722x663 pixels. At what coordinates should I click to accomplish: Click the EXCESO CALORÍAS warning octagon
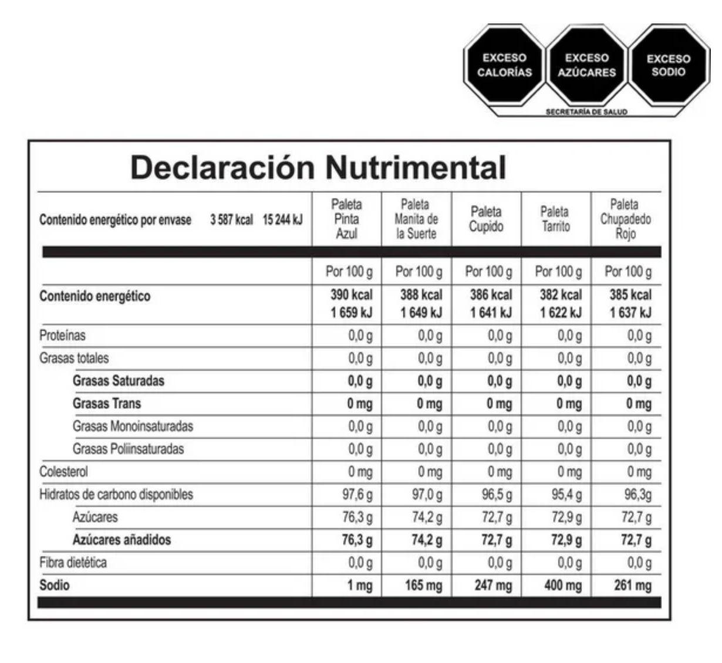504,65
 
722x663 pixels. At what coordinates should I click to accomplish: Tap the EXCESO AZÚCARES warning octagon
586,65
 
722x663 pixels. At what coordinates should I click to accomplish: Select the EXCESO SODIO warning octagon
668,65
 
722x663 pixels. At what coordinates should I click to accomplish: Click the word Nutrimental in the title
415,167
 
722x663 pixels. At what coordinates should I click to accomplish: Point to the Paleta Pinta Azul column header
346,219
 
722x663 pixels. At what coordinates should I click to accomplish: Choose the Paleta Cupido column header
486,219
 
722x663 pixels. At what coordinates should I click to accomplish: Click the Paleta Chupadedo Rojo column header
625,219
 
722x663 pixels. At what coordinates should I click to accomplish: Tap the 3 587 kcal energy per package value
232,220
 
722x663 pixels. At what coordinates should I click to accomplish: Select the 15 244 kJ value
282,220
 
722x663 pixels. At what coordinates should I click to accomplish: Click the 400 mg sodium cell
563,585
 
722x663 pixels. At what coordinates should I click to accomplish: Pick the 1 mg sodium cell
359,585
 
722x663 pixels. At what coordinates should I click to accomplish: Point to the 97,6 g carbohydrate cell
357,495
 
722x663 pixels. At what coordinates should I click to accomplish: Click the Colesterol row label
63,472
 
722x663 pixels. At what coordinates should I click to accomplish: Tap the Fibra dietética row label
73,563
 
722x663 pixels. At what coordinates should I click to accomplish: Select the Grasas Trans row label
107,404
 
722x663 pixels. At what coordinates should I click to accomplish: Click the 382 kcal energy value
561,295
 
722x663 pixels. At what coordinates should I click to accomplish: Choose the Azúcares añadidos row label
122,540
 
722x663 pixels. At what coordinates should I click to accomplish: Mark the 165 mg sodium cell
423,585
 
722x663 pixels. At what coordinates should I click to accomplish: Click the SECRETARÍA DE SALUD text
586,111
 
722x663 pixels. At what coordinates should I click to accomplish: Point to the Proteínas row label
62,336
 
